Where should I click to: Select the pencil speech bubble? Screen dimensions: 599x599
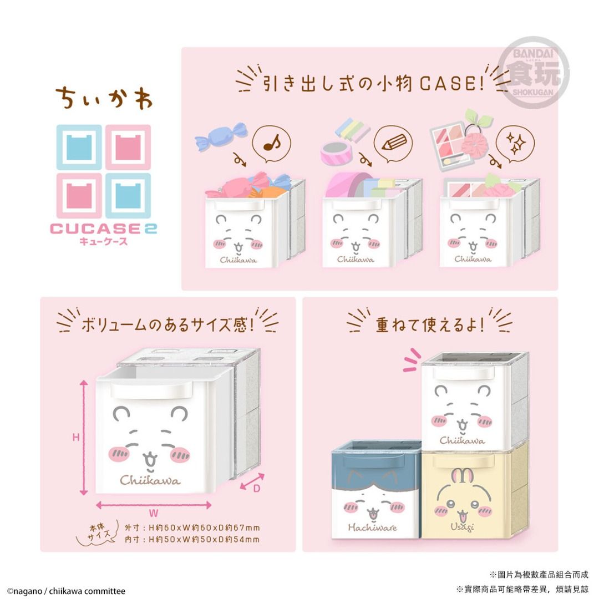393,144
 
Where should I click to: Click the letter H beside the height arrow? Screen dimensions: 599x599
76,437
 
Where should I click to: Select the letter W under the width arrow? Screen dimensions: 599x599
154,513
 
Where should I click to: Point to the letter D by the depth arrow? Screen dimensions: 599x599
257,489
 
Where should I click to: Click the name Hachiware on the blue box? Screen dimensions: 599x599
372,527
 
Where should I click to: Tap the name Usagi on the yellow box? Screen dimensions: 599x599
462,527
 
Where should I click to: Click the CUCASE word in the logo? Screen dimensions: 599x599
95,229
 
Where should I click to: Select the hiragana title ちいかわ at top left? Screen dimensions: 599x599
104,98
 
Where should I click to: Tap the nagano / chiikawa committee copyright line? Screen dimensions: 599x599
65,591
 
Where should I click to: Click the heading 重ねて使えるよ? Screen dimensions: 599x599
430,325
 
